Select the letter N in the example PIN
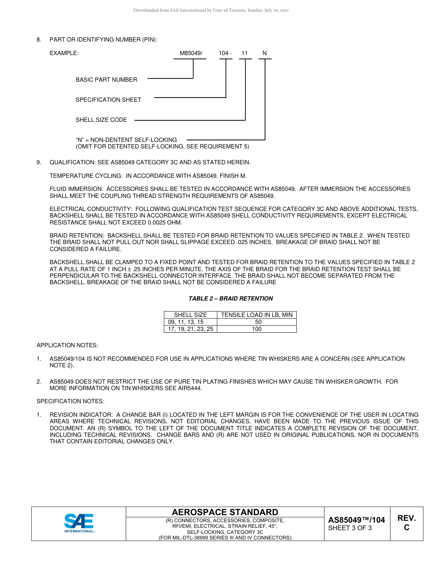click(265, 53)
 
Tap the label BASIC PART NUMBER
click(106, 80)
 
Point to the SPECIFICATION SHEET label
click(108, 100)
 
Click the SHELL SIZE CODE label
click(101, 120)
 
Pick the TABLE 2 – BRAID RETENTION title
click(230, 299)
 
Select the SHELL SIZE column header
click(190, 315)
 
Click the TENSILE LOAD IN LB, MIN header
click(257, 315)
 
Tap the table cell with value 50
click(258, 322)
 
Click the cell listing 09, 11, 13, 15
click(186, 322)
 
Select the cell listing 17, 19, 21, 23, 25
click(190, 329)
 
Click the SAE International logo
click(79, 523)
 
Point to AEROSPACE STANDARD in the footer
click(225, 512)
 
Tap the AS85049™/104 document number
click(356, 520)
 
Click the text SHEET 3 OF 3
click(350, 528)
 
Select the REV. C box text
click(406, 523)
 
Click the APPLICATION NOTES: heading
click(67, 345)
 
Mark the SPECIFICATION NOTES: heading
click(70, 401)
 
